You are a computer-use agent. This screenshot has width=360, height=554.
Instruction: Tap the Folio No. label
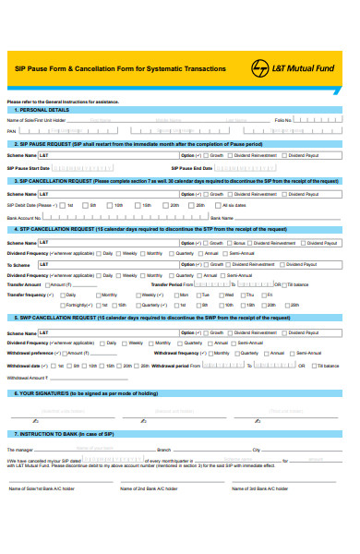(x=283, y=120)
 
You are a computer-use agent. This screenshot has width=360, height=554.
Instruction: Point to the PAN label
(x=12, y=131)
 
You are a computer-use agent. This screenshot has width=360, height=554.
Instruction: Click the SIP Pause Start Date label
(x=28, y=168)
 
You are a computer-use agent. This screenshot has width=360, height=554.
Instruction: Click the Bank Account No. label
(x=25, y=217)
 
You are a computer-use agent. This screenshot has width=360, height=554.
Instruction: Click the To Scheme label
(x=18, y=264)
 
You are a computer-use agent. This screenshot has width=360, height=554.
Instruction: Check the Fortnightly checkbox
(x=67, y=304)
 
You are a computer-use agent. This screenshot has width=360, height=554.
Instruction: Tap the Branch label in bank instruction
(x=164, y=450)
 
